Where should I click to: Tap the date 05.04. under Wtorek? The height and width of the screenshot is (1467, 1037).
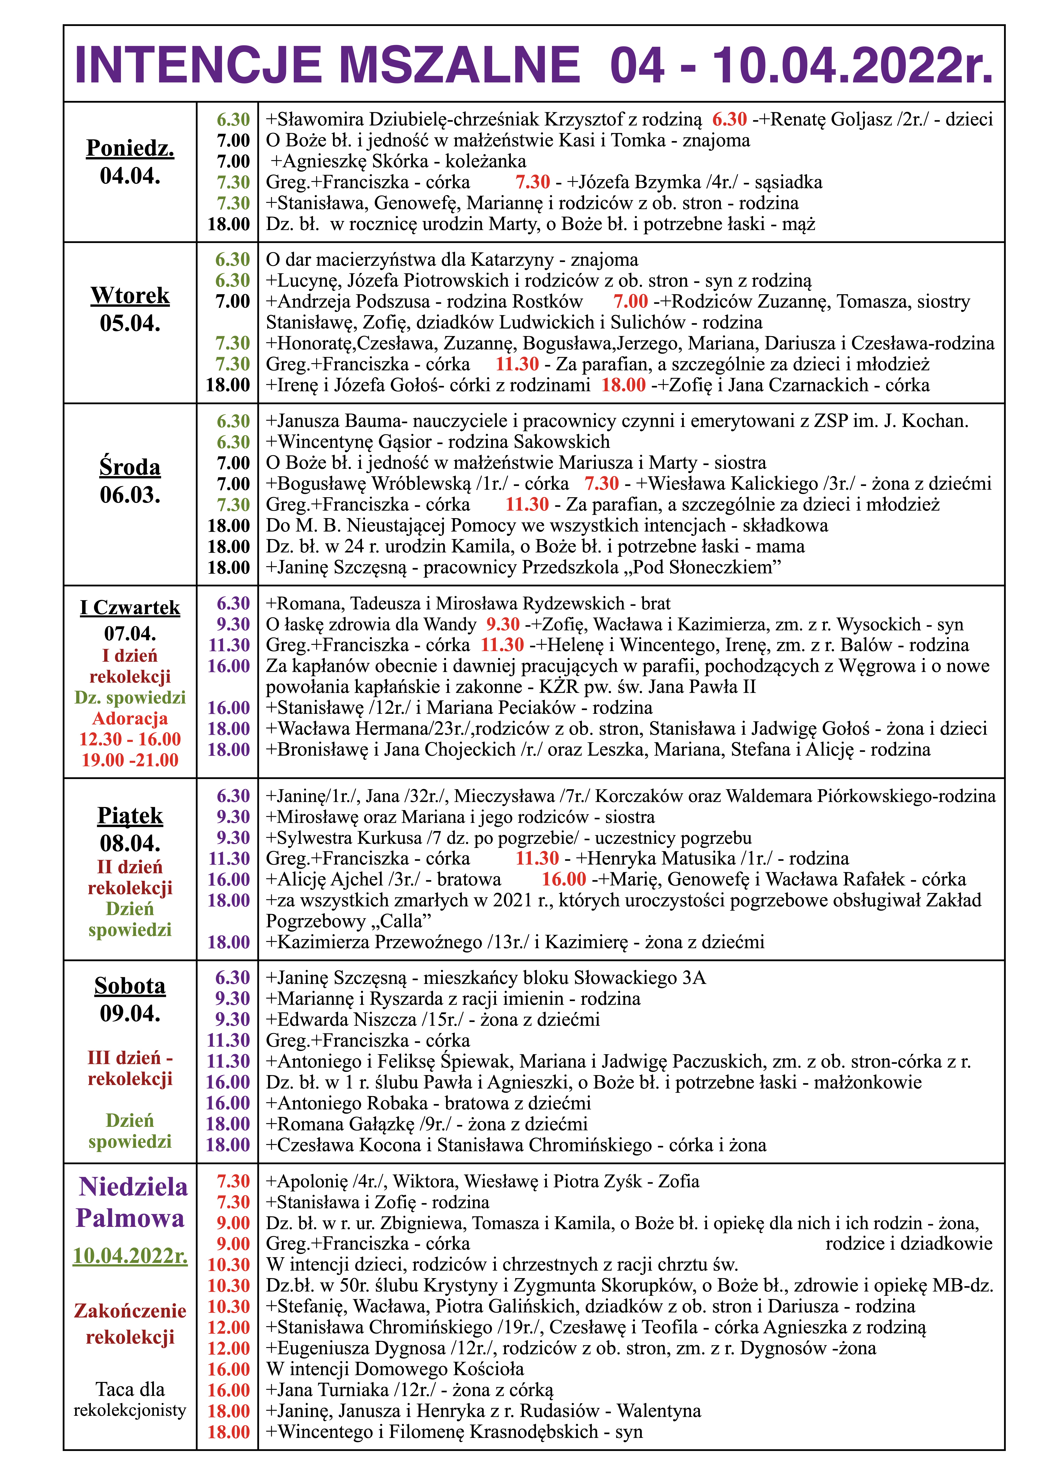(x=130, y=323)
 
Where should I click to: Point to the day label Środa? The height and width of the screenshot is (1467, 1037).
(x=130, y=467)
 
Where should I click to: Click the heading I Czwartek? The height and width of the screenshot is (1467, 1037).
(x=130, y=608)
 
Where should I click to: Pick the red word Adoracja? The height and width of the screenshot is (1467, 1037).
(x=130, y=718)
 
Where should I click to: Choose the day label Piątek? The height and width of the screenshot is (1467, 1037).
(x=130, y=816)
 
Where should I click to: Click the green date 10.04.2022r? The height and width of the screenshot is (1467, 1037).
(x=130, y=1255)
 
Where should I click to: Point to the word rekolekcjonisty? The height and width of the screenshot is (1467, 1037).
(x=130, y=1410)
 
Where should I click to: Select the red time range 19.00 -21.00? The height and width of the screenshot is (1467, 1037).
(x=130, y=760)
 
